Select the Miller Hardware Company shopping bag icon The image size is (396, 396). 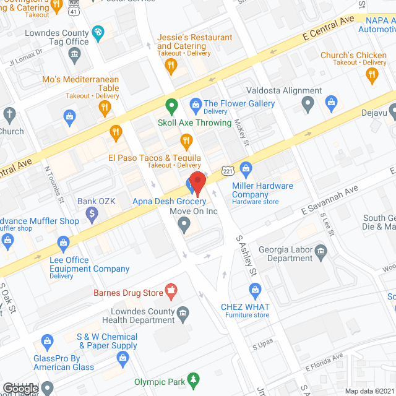click(246, 168)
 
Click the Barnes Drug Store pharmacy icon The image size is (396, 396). click(170, 290)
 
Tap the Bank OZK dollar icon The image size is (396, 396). click(92, 215)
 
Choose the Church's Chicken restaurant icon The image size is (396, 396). click(371, 75)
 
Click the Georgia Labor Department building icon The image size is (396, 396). click(321, 251)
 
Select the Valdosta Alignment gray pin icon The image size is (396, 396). click(308, 105)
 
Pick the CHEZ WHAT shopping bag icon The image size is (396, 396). click(254, 290)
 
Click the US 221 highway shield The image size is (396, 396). click(227, 170)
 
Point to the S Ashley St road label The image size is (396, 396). click(246, 256)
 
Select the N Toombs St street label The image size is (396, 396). click(54, 183)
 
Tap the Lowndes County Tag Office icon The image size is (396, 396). click(74, 55)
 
